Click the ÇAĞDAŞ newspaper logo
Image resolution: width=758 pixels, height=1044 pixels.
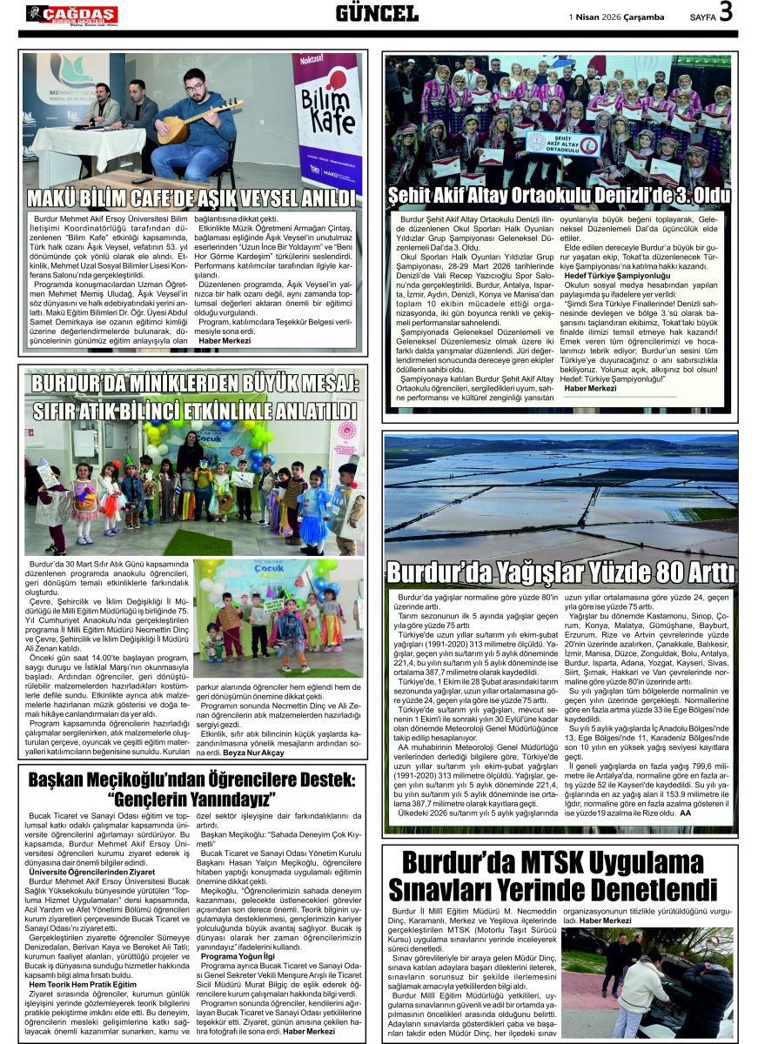pyautogui.click(x=71, y=14)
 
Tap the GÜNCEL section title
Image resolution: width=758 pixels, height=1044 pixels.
pyautogui.click(x=377, y=13)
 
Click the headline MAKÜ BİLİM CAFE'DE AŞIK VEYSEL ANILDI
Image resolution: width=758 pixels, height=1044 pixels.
pyautogui.click(x=192, y=197)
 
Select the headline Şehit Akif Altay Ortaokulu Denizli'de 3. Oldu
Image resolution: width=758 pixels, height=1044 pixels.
pyautogui.click(x=559, y=195)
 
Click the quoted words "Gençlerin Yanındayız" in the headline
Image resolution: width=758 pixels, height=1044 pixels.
pyautogui.click(x=191, y=799)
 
